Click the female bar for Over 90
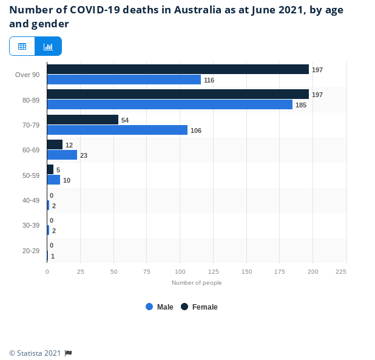178,69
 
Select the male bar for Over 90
124,80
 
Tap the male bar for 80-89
169,104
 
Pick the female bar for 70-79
83,120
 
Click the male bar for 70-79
117,130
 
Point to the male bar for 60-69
62,155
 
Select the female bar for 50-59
50,169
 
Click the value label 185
301,105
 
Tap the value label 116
209,80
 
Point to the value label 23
84,155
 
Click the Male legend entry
160,307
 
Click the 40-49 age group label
31,200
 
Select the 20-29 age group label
31,251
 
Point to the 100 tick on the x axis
180,271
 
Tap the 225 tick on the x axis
341,271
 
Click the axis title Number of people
197,282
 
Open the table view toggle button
22,46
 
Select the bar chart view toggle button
48,46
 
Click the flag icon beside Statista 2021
69,353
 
